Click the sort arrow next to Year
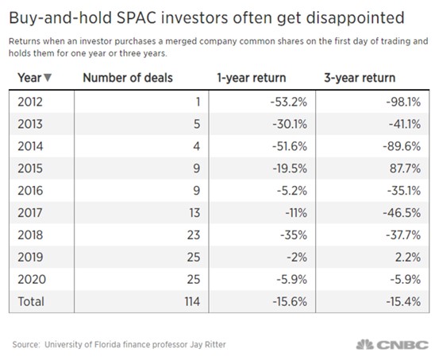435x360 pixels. pyautogui.click(x=48, y=78)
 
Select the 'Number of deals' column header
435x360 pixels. pyautogui.click(x=128, y=78)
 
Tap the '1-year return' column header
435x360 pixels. pyautogui.click(x=252, y=78)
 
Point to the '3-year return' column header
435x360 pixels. pyautogui.click(x=360, y=78)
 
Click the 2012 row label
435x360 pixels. pyautogui.click(x=30, y=102)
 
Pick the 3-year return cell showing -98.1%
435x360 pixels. pyautogui.click(x=404, y=102)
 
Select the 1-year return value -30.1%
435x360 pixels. pyautogui.click(x=290, y=124)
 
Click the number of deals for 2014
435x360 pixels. pyautogui.click(x=196, y=146)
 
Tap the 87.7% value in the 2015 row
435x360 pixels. pyautogui.click(x=405, y=168)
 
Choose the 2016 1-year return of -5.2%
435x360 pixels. pyautogui.click(x=292, y=191)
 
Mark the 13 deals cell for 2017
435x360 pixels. pyautogui.click(x=194, y=213)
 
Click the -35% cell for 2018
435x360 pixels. pyautogui.click(x=294, y=235)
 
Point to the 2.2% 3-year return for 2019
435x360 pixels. pyautogui.click(x=408, y=257)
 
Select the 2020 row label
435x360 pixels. pyautogui.click(x=32, y=280)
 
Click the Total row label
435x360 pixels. pyautogui.click(x=31, y=302)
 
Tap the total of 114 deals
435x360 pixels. pyautogui.click(x=193, y=302)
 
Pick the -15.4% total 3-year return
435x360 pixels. pyautogui.click(x=404, y=302)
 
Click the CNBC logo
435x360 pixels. pyautogui.click(x=392, y=345)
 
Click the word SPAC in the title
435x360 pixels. pyautogui.click(x=137, y=17)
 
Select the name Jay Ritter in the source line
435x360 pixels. pyautogui.click(x=208, y=345)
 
